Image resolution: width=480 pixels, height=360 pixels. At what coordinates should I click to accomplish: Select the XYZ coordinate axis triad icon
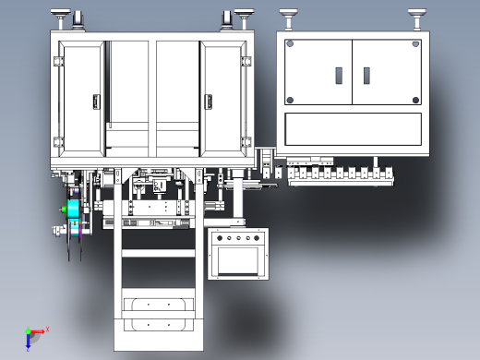[x=34, y=333]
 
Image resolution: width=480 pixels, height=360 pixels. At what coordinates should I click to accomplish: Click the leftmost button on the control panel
[x=219, y=238]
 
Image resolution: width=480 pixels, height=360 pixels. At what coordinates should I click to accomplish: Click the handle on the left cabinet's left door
[x=94, y=101]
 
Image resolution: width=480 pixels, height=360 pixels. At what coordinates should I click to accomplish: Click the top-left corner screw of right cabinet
[x=290, y=43]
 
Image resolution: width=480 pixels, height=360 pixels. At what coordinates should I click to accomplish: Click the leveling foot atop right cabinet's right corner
[x=416, y=16]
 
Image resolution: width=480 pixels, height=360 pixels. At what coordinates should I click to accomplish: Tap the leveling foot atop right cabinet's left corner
[x=288, y=16]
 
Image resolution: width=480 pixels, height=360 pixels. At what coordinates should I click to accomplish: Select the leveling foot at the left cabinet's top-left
[x=62, y=16]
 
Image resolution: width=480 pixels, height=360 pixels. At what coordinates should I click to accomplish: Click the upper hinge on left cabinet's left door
[x=59, y=62]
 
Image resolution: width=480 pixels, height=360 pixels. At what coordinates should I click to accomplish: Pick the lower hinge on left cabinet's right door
[x=246, y=142]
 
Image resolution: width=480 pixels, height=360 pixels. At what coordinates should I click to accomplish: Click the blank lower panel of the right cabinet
[x=353, y=130]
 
